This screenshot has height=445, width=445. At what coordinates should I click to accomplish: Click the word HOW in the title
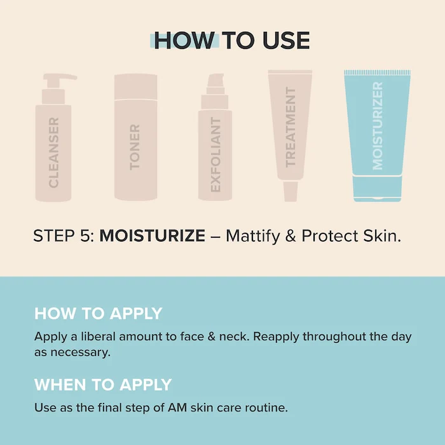coord(184,40)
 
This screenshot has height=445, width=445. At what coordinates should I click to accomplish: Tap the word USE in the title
coord(286,40)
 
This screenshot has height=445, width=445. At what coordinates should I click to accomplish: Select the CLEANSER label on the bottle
coord(53,153)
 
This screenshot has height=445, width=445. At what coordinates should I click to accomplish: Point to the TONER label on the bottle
coord(135,147)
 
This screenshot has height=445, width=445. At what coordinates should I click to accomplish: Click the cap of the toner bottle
coord(135,87)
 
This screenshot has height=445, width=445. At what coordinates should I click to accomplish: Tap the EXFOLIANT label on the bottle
coord(216,154)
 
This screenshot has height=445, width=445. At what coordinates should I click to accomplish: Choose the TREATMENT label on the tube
coord(291,127)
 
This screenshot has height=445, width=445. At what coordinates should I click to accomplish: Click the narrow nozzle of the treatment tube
coord(291,191)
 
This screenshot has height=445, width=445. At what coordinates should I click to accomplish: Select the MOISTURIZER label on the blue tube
coord(378,126)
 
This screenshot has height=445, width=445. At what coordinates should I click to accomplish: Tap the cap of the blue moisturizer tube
coord(378,189)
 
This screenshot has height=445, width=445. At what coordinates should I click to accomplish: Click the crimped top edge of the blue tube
coord(378,72)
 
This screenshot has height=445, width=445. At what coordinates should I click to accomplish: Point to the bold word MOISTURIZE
coord(153,236)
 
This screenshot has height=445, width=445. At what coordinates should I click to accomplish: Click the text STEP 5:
coord(64,236)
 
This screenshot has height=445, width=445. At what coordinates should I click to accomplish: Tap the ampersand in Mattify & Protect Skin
coord(291,236)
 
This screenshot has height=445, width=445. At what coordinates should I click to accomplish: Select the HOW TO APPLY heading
coord(98,313)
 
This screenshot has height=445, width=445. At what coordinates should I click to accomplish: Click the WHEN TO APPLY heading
coord(103,385)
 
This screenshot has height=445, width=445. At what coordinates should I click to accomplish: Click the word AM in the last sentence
coord(177,408)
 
